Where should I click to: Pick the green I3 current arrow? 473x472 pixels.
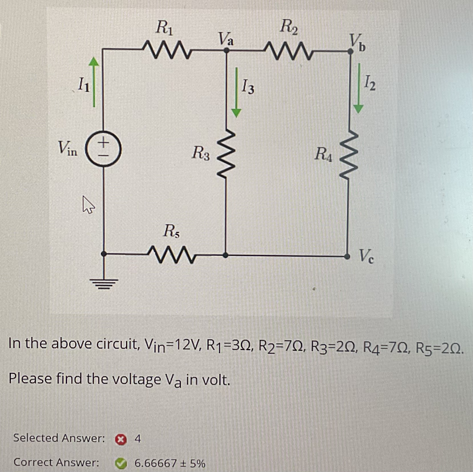click(236, 92)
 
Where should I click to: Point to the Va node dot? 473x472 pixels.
click(226, 51)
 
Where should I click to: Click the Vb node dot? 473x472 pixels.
click(350, 52)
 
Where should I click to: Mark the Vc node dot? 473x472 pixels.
click(347, 257)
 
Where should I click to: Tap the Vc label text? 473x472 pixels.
click(366, 256)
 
